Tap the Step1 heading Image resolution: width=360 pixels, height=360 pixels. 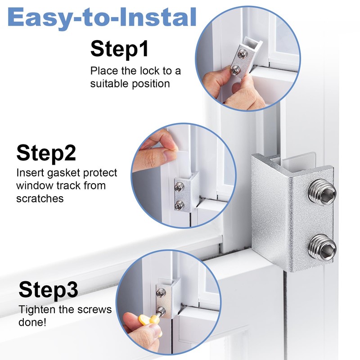pyautogui.click(x=119, y=49)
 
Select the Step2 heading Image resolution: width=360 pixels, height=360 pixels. pyautogui.click(x=46, y=153)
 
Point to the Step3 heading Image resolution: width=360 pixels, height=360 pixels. pyautogui.click(x=48, y=290)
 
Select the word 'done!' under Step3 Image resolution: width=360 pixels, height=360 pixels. pyautogui.click(x=32, y=322)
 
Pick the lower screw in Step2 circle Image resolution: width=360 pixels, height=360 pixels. pyautogui.click(x=180, y=206)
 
